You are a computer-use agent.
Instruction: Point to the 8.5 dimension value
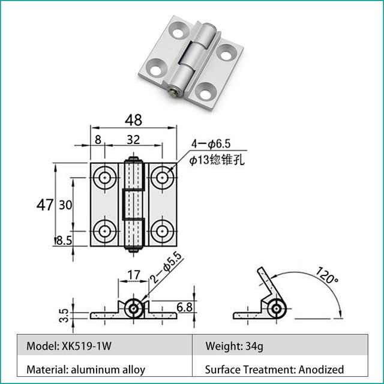coord(63,241)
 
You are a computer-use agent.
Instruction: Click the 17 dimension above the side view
coord(133,277)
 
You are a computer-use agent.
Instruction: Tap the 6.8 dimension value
coord(185,308)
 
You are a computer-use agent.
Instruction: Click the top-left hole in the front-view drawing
coord(106,177)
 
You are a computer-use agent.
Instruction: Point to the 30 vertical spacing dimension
coord(66,205)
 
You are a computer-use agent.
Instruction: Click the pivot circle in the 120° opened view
coord(277,308)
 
